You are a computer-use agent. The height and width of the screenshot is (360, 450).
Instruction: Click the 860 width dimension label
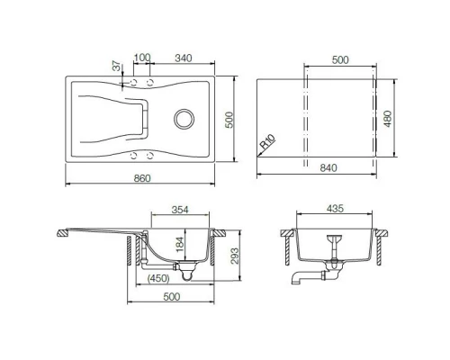click(x=141, y=176)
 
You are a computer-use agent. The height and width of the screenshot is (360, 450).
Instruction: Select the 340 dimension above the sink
click(x=181, y=58)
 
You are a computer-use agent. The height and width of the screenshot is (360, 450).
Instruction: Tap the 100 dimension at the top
click(x=140, y=58)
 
